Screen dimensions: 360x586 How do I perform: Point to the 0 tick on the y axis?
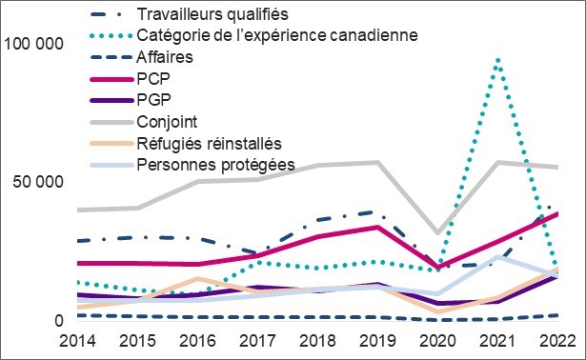(59, 321)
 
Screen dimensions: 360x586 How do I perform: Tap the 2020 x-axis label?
(437, 341)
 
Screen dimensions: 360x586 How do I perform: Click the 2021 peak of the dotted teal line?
(497, 59)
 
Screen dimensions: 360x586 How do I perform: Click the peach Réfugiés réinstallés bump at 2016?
(196, 278)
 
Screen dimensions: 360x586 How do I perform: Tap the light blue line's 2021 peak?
(497, 256)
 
